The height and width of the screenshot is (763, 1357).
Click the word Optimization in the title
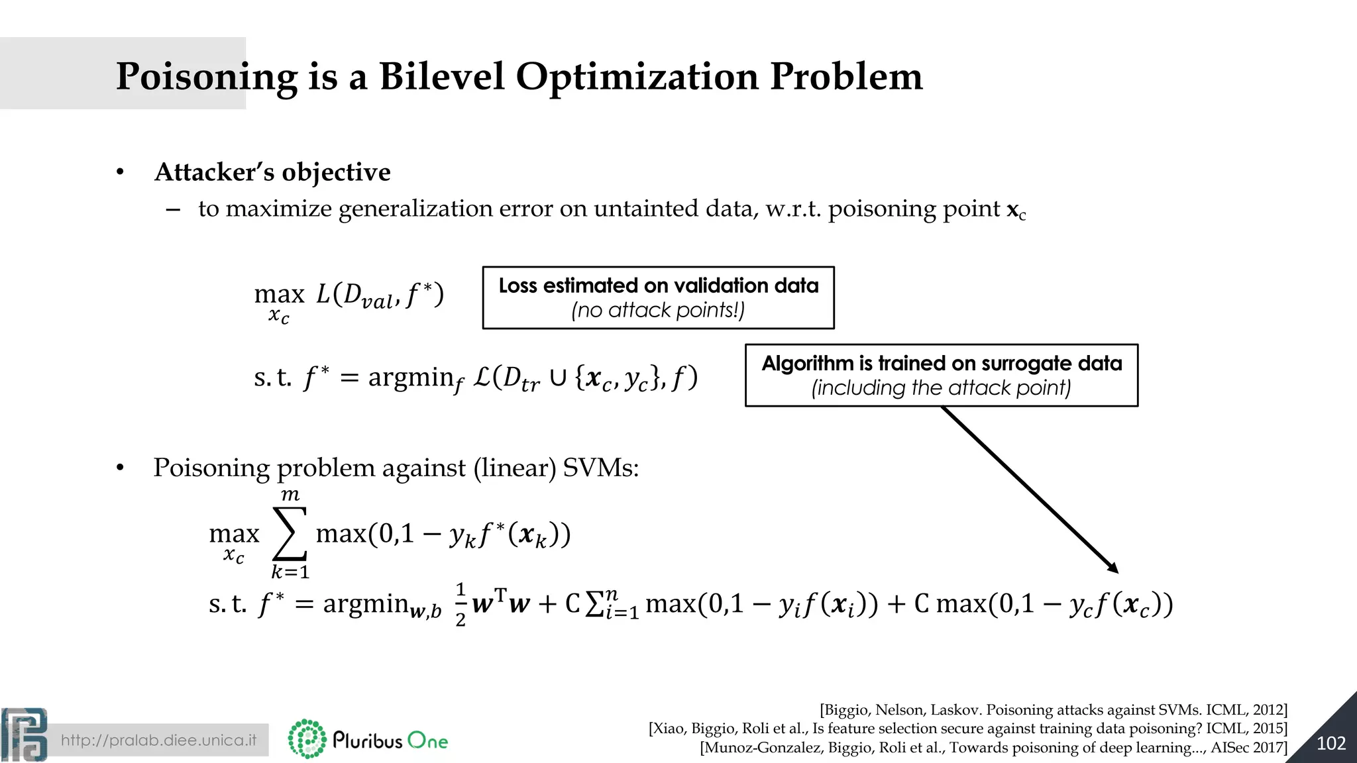point(637,76)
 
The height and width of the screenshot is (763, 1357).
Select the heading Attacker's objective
point(272,172)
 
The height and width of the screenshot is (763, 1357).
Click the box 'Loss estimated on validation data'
point(658,297)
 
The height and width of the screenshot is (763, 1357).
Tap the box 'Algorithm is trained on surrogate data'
point(941,375)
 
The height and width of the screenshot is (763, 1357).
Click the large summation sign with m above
point(290,533)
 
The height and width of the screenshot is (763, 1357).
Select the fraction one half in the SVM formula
point(461,604)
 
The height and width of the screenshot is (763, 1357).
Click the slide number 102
point(1330,743)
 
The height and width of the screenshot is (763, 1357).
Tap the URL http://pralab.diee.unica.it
point(158,740)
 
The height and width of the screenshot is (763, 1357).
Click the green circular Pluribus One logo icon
point(307,738)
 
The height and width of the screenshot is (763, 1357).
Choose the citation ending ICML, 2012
point(1053,710)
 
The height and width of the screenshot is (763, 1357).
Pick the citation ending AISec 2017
point(993,748)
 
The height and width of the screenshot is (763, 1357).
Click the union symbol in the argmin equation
point(558,378)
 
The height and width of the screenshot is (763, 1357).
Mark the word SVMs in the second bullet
point(600,468)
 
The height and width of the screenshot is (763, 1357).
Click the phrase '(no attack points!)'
point(658,310)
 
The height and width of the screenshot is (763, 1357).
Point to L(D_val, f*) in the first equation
point(380,295)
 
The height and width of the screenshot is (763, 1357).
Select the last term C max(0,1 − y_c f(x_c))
point(1043,604)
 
